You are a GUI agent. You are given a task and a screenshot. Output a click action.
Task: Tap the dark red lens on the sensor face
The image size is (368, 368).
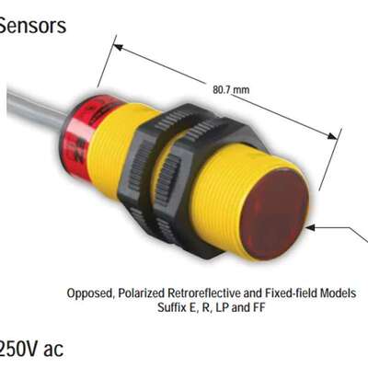[x=274, y=215]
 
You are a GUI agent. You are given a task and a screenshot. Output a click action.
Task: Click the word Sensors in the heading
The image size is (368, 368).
[x=32, y=26]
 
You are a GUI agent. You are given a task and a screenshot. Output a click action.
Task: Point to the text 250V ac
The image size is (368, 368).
[x=31, y=348]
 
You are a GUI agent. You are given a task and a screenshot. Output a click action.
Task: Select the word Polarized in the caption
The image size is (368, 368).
[x=142, y=293]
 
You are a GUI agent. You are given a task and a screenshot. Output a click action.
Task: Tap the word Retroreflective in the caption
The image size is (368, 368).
[x=204, y=293]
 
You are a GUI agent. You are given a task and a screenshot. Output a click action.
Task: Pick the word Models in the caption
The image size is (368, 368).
[x=339, y=293]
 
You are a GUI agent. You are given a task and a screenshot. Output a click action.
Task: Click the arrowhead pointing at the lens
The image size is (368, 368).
[x=311, y=227]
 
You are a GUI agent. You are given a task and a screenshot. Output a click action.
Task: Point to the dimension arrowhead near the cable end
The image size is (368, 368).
[x=119, y=47]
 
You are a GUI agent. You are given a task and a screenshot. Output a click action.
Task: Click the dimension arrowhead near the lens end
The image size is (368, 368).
[x=331, y=136]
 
